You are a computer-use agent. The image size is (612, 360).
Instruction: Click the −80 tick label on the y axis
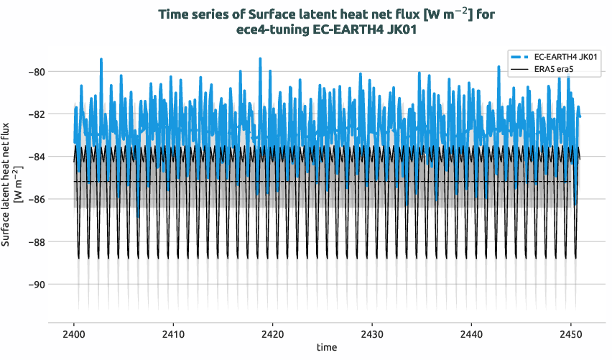[x=36, y=72]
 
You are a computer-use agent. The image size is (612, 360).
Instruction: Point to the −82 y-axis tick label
[x=36, y=114]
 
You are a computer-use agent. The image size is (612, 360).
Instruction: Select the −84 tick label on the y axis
[x=36, y=157]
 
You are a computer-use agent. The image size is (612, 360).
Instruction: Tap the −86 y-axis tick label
[x=36, y=199]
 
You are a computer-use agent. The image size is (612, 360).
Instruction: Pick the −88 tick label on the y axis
[x=36, y=241]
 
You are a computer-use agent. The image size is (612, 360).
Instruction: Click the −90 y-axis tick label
[x=36, y=285]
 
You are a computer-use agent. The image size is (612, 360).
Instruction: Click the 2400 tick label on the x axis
[x=74, y=335]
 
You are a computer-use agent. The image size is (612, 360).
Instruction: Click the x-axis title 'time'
[x=326, y=348]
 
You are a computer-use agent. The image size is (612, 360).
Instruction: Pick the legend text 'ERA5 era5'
[x=557, y=69]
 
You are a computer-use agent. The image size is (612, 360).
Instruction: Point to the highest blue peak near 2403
[x=101, y=60]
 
